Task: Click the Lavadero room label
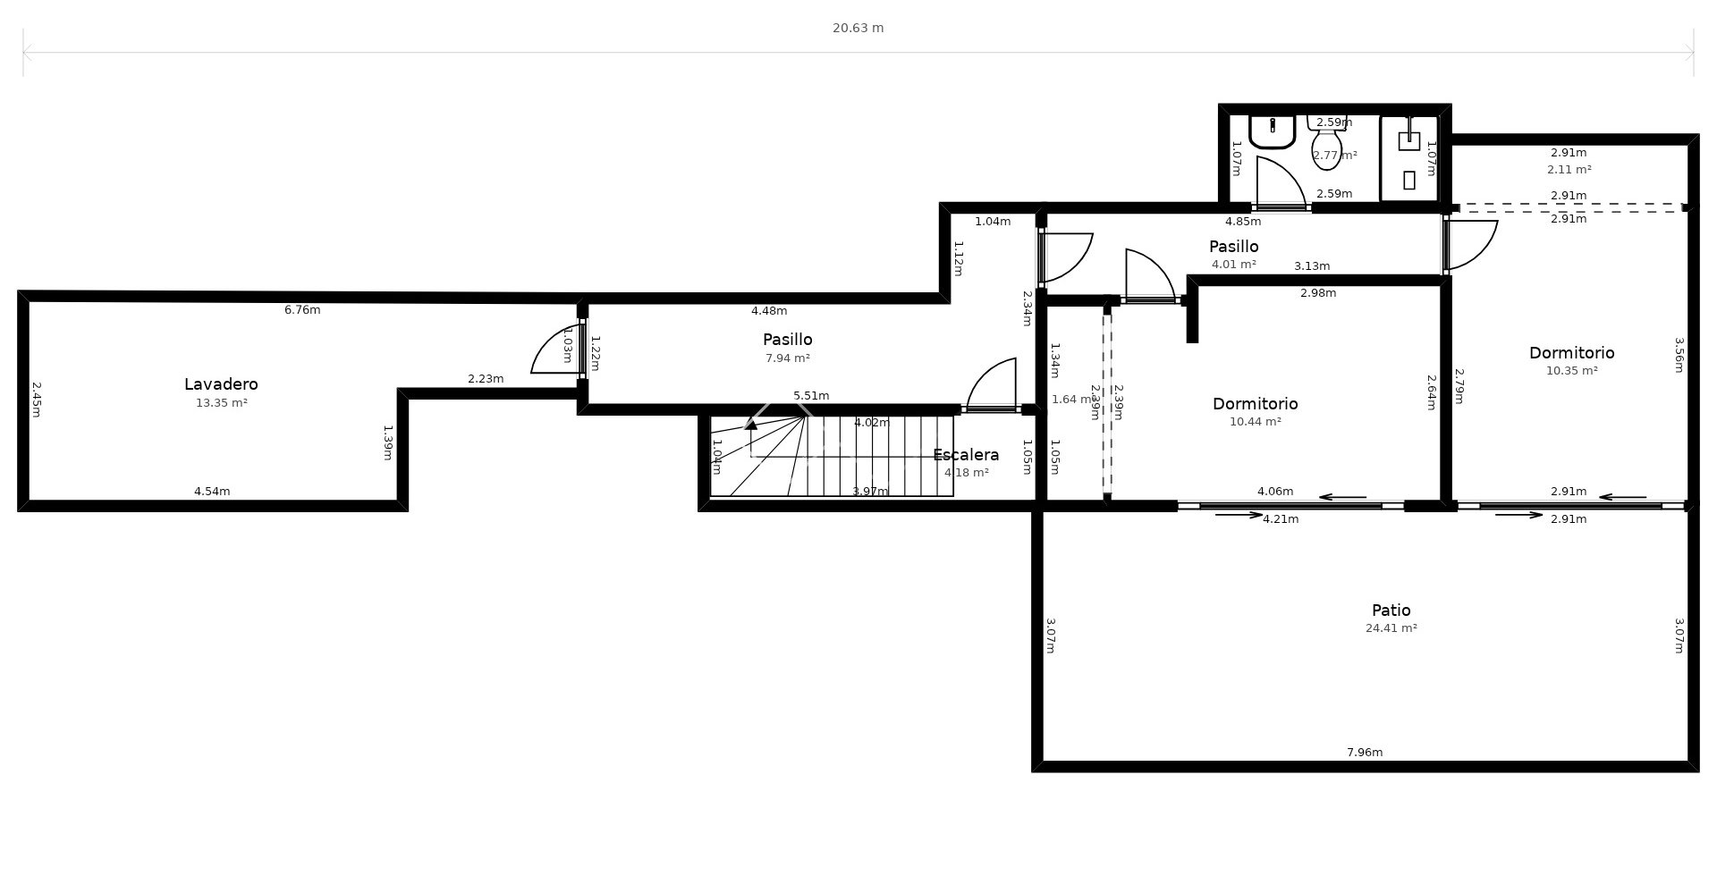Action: click(x=221, y=384)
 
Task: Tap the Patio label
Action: click(x=1391, y=611)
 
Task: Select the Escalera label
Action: click(x=966, y=455)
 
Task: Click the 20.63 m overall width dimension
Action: click(x=858, y=28)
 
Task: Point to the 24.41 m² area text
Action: click(x=1391, y=628)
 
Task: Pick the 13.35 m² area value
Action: click(x=221, y=403)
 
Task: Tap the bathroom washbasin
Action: click(x=1272, y=131)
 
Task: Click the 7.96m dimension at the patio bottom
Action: click(x=1364, y=753)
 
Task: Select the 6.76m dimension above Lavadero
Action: click(x=302, y=310)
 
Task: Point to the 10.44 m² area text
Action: click(x=1255, y=422)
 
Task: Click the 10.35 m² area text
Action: click(x=1571, y=371)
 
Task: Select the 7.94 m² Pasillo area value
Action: click(x=787, y=358)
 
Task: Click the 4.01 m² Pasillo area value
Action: click(x=1233, y=265)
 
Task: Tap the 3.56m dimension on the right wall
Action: click(x=1679, y=355)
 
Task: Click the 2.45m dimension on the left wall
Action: click(x=37, y=400)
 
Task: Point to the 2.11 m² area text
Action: click(x=1569, y=170)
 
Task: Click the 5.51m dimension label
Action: click(x=811, y=396)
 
